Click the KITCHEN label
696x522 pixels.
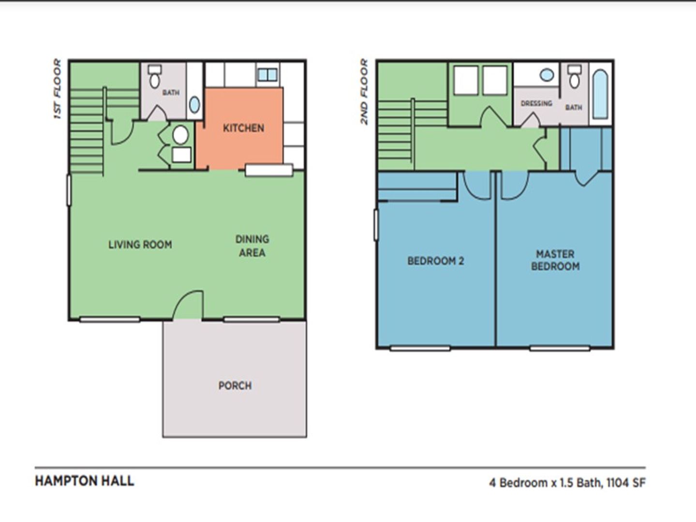click(x=243, y=128)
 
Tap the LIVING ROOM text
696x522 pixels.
click(x=140, y=245)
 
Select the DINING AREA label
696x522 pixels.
click(x=252, y=246)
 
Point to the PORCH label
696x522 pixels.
click(x=235, y=386)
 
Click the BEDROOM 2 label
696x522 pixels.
click(x=436, y=261)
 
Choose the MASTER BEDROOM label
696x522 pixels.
click(x=555, y=260)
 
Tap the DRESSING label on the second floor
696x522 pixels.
click(x=536, y=103)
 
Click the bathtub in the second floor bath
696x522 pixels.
click(x=600, y=95)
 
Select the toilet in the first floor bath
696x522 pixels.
click(x=155, y=77)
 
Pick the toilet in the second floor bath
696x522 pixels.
click(x=574, y=77)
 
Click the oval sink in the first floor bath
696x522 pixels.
click(x=195, y=105)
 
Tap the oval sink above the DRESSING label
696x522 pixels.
click(x=547, y=75)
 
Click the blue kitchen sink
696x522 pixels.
click(x=267, y=75)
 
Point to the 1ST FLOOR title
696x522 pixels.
click(x=58, y=88)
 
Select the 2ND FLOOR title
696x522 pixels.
click(x=365, y=91)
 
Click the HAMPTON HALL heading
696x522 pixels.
click(x=84, y=481)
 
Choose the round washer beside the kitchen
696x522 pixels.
click(x=180, y=135)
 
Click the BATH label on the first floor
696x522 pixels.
click(x=171, y=92)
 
